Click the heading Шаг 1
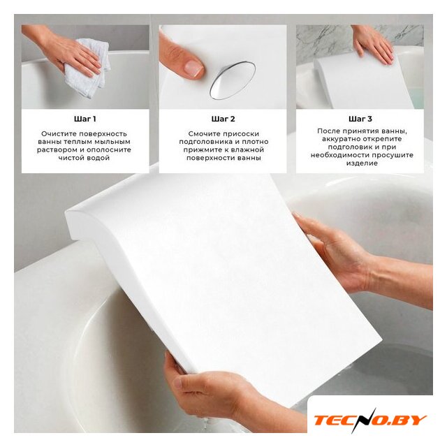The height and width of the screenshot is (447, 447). (x=85, y=119)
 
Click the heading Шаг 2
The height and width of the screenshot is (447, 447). (x=223, y=119)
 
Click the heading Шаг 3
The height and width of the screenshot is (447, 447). (x=360, y=119)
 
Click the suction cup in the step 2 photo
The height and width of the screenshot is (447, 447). (x=233, y=80)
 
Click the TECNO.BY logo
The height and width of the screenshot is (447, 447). (x=370, y=420)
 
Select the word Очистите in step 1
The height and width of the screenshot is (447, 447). (x=59, y=133)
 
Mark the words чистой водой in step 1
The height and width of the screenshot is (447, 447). (x=84, y=158)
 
